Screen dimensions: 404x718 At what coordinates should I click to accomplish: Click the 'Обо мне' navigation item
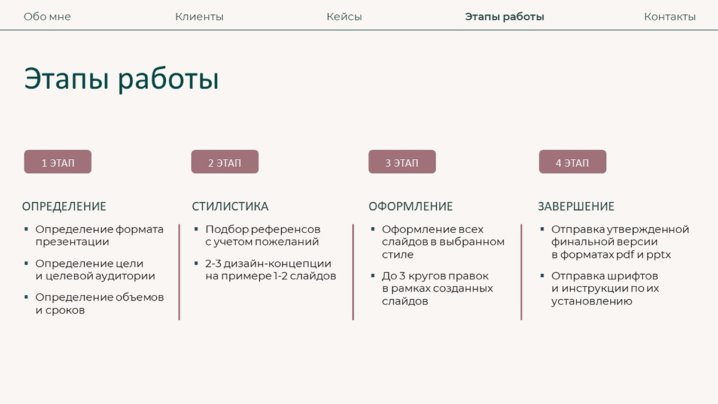(x=47, y=17)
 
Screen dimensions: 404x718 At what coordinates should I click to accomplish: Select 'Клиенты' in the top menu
(x=199, y=17)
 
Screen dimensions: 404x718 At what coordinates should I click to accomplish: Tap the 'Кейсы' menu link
(x=344, y=17)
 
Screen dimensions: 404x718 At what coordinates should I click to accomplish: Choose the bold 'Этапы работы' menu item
(x=504, y=17)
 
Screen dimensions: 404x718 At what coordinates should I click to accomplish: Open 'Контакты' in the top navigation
(x=670, y=17)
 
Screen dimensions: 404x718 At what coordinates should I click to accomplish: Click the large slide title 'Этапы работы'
(x=121, y=80)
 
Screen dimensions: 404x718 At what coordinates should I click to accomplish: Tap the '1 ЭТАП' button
(x=57, y=162)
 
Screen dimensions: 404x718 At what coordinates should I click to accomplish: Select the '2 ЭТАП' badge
(x=224, y=162)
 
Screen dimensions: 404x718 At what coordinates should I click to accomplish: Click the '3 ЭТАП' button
(x=401, y=162)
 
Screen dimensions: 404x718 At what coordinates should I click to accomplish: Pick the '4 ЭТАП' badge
(x=572, y=162)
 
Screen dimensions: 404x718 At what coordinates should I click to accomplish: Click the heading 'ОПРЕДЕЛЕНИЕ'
(x=64, y=206)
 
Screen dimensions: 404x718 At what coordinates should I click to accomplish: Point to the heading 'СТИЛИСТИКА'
(x=230, y=206)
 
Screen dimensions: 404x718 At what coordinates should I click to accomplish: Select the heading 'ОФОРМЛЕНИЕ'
(x=410, y=206)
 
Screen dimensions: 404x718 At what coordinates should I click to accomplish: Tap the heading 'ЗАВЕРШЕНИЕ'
(x=576, y=206)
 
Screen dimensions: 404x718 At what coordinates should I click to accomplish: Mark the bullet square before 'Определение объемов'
(x=26, y=297)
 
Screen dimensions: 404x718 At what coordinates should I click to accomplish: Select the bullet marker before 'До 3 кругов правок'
(x=373, y=276)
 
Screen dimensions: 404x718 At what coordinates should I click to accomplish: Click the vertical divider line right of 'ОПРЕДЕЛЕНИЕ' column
(x=179, y=272)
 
